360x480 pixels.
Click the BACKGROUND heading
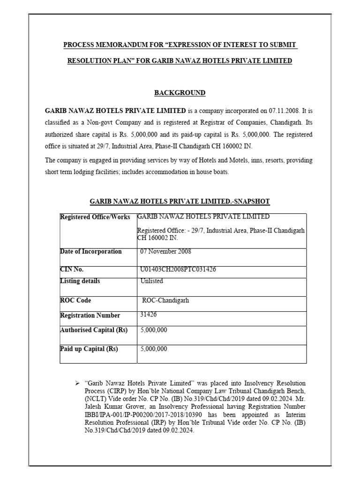point(180,92)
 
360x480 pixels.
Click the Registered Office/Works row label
point(95,217)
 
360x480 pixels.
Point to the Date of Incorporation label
point(91,252)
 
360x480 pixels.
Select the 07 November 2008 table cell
point(166,252)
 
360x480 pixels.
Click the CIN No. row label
point(72,270)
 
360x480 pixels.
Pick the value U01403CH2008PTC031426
point(178,270)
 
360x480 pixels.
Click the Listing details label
point(80,281)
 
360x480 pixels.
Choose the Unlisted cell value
point(152,281)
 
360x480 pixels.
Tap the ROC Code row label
point(76,300)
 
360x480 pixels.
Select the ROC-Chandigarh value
point(165,300)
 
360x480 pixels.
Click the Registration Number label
point(90,315)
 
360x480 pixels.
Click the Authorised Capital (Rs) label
point(94,330)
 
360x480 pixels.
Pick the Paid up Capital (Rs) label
point(89,349)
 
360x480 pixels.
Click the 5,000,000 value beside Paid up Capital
point(154,349)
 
